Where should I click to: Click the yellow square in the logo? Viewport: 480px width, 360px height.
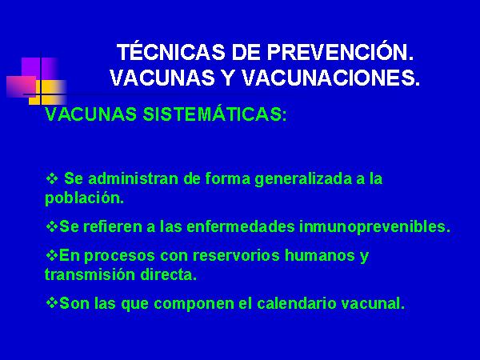click(x=48, y=92)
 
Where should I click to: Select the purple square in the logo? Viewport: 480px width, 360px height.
click(x=40, y=68)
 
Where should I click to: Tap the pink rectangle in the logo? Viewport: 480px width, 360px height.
click(x=21, y=86)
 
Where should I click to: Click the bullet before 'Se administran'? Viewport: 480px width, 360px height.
click(x=51, y=178)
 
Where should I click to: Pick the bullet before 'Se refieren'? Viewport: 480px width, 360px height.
click(x=51, y=226)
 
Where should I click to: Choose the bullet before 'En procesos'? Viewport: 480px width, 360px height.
click(x=51, y=255)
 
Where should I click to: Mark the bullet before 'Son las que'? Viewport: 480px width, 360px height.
click(x=51, y=302)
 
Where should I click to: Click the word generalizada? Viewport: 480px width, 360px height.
click(x=303, y=179)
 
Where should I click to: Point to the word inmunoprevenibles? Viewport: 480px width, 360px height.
click(x=372, y=227)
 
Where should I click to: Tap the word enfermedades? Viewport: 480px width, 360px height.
click(x=241, y=227)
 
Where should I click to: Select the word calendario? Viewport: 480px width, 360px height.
click(x=296, y=303)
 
